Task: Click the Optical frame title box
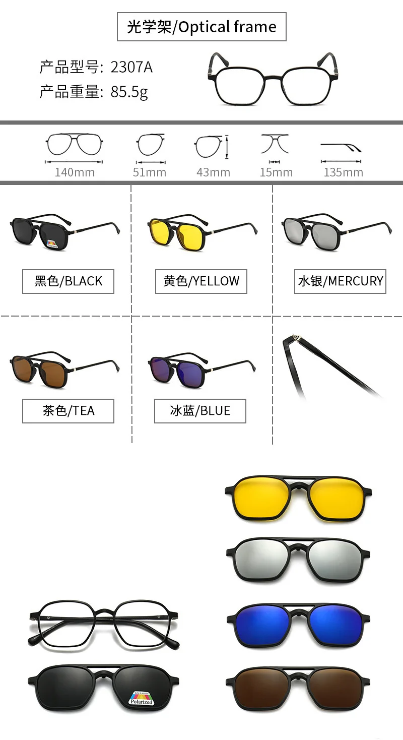tap(201, 27)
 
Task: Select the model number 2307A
tap(131, 67)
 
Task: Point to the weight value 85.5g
tap(129, 92)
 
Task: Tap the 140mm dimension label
tap(75, 172)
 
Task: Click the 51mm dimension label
tap(149, 172)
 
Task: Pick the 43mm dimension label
tap(213, 172)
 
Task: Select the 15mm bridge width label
tap(276, 172)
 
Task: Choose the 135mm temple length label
tap(343, 172)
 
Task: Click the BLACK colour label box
tap(68, 281)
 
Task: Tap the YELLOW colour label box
tap(201, 281)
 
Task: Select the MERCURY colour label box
tap(341, 281)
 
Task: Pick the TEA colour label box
tap(68, 411)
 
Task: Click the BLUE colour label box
tap(200, 411)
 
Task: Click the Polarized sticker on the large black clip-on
tap(141, 697)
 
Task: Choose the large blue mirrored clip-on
tap(298, 618)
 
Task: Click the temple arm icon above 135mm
tap(341, 147)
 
